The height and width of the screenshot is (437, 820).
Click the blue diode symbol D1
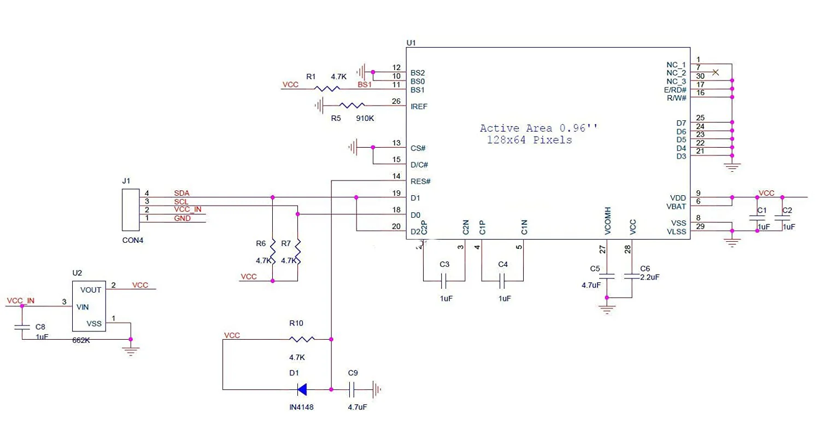pyautogui.click(x=302, y=389)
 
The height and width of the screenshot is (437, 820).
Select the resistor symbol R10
pyautogui.click(x=302, y=339)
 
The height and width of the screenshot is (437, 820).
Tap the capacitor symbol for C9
pyautogui.click(x=352, y=389)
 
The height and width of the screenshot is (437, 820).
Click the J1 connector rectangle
pyautogui.click(x=131, y=210)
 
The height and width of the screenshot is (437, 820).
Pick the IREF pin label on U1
pyautogui.click(x=419, y=107)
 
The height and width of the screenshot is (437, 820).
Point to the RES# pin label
pyautogui.click(x=420, y=182)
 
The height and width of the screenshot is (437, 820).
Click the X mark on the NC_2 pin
pyautogui.click(x=715, y=72)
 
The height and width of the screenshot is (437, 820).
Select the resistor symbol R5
pyautogui.click(x=352, y=106)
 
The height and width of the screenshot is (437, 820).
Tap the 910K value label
pyautogui.click(x=365, y=118)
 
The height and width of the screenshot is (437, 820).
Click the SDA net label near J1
pyautogui.click(x=181, y=193)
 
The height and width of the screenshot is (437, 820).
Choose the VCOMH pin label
pyautogui.click(x=608, y=221)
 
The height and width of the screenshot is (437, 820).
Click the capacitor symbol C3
pyautogui.click(x=444, y=281)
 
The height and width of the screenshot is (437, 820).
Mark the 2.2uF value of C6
pyautogui.click(x=650, y=277)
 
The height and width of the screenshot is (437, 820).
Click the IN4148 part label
pyautogui.click(x=301, y=407)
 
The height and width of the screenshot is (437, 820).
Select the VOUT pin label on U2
pyautogui.click(x=90, y=290)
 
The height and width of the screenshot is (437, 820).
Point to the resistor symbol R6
pyautogui.click(x=273, y=252)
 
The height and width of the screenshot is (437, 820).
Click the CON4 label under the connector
pyautogui.click(x=132, y=240)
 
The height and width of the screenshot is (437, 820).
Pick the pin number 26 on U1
pyautogui.click(x=396, y=101)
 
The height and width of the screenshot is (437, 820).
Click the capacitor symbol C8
pyautogui.click(x=22, y=327)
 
